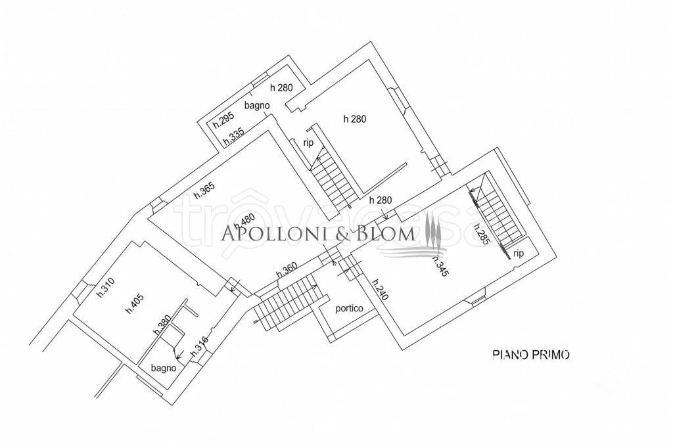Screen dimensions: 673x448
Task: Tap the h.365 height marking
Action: coord(204,190)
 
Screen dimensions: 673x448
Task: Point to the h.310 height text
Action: coord(105,288)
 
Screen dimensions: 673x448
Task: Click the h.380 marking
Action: coord(163,325)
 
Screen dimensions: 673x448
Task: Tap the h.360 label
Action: coord(287,269)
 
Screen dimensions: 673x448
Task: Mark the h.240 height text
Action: coord(381,290)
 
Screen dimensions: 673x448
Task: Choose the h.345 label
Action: coord(440,265)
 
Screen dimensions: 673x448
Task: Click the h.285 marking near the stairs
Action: coord(480,234)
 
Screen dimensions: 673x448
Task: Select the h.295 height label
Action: coord(223,120)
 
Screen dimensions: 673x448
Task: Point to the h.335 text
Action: coord(233,136)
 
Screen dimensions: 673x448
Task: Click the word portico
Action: coord(349,308)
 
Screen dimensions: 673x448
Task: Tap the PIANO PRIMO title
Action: coord(531,355)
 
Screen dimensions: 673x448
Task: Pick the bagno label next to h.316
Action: coord(164,368)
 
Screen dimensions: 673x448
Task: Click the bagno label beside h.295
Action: coord(257,105)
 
